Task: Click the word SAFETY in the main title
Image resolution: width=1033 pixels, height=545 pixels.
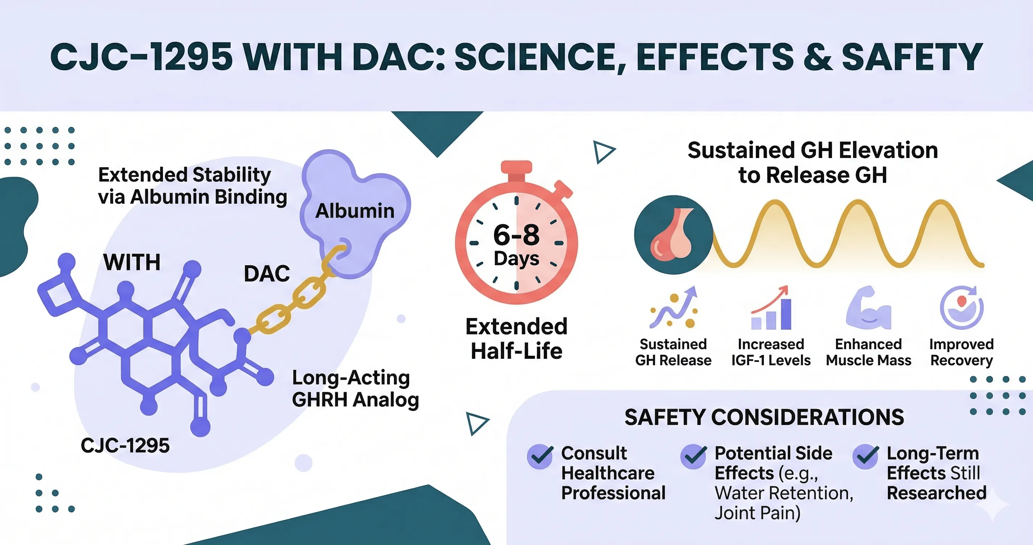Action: pos(911,57)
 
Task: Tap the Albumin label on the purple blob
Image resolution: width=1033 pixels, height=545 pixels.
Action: pos(355,211)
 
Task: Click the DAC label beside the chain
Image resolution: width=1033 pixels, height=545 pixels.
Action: pos(267,274)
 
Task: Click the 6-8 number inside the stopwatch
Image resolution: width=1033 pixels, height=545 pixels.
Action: pos(516,235)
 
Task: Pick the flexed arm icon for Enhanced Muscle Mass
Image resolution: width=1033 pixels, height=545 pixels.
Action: pos(868,308)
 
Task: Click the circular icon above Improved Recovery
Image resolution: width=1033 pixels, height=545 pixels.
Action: pos(962,307)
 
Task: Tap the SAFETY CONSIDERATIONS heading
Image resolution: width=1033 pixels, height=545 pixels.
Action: pos(764,417)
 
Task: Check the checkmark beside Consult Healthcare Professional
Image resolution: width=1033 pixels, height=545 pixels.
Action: pos(540,457)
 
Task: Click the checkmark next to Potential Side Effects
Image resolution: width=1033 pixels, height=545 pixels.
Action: pos(694,457)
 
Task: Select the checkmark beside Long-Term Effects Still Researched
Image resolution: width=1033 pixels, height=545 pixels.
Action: pos(866,457)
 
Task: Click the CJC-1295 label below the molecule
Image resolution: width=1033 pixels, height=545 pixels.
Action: pos(125,446)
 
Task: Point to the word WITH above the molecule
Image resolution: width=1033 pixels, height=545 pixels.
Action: pos(132,262)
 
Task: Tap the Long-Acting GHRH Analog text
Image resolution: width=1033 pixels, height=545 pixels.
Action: pos(355,389)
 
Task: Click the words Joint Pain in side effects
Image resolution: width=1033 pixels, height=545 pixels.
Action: pos(757,513)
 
